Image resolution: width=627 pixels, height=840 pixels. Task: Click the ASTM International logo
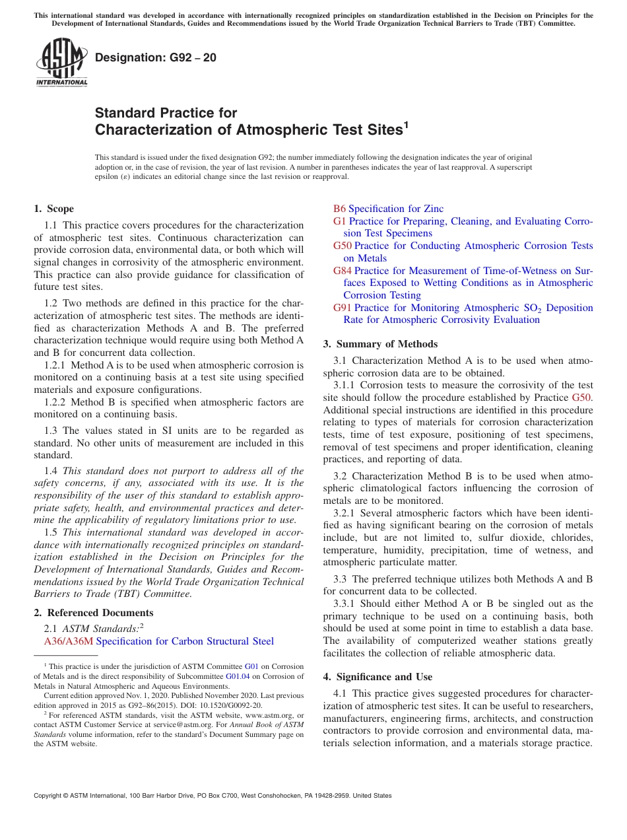point(61,63)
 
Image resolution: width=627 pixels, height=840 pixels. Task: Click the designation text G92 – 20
point(155,57)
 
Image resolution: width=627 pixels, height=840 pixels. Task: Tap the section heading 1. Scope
point(53,209)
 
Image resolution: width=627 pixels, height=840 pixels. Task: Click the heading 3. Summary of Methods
point(380,343)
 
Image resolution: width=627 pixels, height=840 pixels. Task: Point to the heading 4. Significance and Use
point(378,677)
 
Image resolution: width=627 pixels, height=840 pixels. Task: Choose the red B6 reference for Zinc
point(339,209)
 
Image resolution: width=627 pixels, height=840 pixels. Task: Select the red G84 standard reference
point(342,271)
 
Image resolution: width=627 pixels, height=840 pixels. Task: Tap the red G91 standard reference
point(342,308)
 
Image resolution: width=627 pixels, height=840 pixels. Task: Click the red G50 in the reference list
point(342,246)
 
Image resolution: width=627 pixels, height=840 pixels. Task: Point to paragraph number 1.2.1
point(54,365)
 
